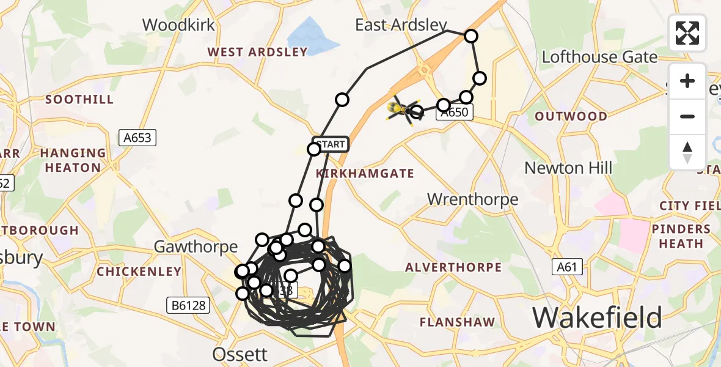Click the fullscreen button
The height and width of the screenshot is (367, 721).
[x=687, y=33]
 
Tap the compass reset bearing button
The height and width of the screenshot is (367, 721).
[x=687, y=152]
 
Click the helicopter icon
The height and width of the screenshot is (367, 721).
[x=403, y=110]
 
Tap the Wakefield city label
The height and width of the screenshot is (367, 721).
[x=597, y=317]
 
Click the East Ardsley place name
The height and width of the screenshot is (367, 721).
[x=401, y=24]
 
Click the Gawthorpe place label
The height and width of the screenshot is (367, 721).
[x=195, y=247]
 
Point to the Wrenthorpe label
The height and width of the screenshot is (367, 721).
[x=472, y=199]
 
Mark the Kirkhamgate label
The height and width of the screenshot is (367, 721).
[x=365, y=174]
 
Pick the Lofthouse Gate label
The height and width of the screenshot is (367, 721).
[x=599, y=57]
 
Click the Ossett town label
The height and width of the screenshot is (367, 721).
[x=240, y=354]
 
